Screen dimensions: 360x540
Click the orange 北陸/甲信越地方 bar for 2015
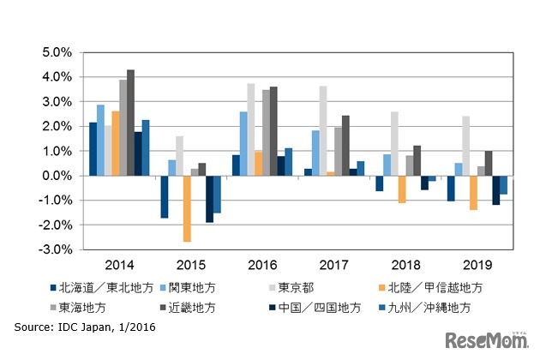[x=186, y=208]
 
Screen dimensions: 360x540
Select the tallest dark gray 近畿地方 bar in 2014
[x=130, y=123]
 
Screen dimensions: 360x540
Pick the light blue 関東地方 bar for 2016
[x=243, y=143]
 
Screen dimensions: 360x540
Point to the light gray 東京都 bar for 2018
[x=393, y=143]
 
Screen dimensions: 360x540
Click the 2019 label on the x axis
[x=477, y=267]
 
